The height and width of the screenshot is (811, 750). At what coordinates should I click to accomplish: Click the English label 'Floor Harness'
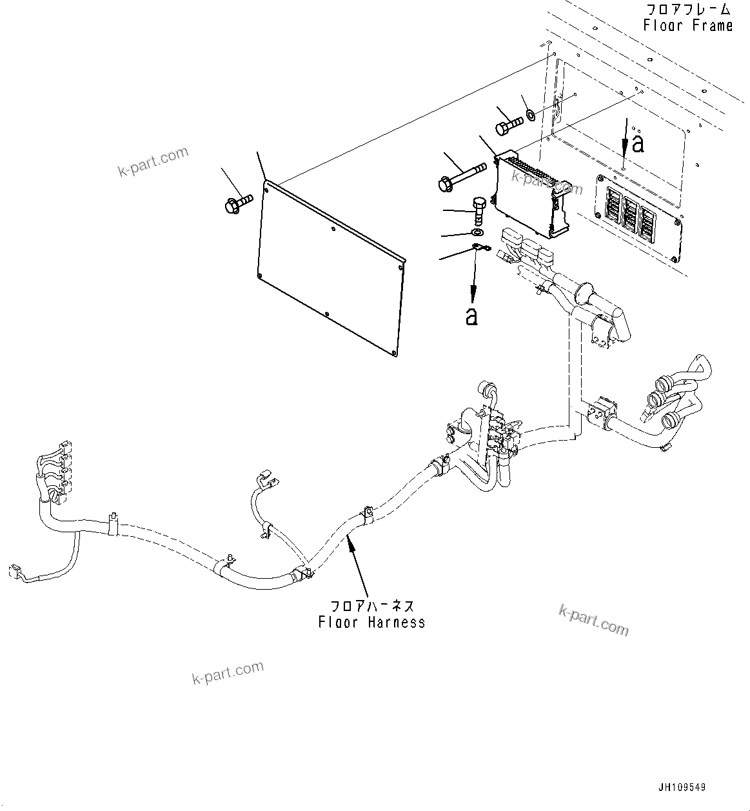click(372, 623)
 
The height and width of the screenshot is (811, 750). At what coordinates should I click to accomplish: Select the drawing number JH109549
click(682, 788)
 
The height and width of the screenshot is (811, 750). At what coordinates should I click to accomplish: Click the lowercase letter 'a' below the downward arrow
click(472, 316)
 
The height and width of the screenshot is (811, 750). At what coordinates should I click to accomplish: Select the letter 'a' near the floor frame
click(638, 144)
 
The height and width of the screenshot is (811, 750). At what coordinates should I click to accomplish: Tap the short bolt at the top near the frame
click(509, 123)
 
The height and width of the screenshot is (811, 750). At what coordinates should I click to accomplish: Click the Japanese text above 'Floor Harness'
click(372, 606)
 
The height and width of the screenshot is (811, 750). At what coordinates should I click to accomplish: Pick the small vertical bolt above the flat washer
click(478, 210)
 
